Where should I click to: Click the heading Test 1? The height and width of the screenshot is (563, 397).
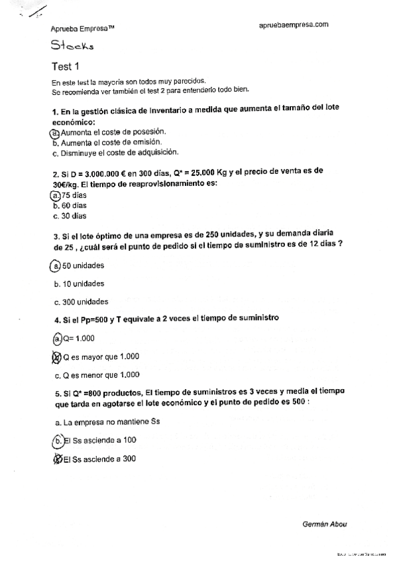click(x=65, y=66)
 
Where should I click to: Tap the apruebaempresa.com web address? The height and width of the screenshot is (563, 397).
click(x=294, y=25)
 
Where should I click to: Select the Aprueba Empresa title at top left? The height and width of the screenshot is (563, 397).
click(x=83, y=29)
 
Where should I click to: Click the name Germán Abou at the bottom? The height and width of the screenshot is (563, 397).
click(x=324, y=524)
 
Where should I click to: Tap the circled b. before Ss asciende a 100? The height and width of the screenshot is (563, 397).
click(x=58, y=440)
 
